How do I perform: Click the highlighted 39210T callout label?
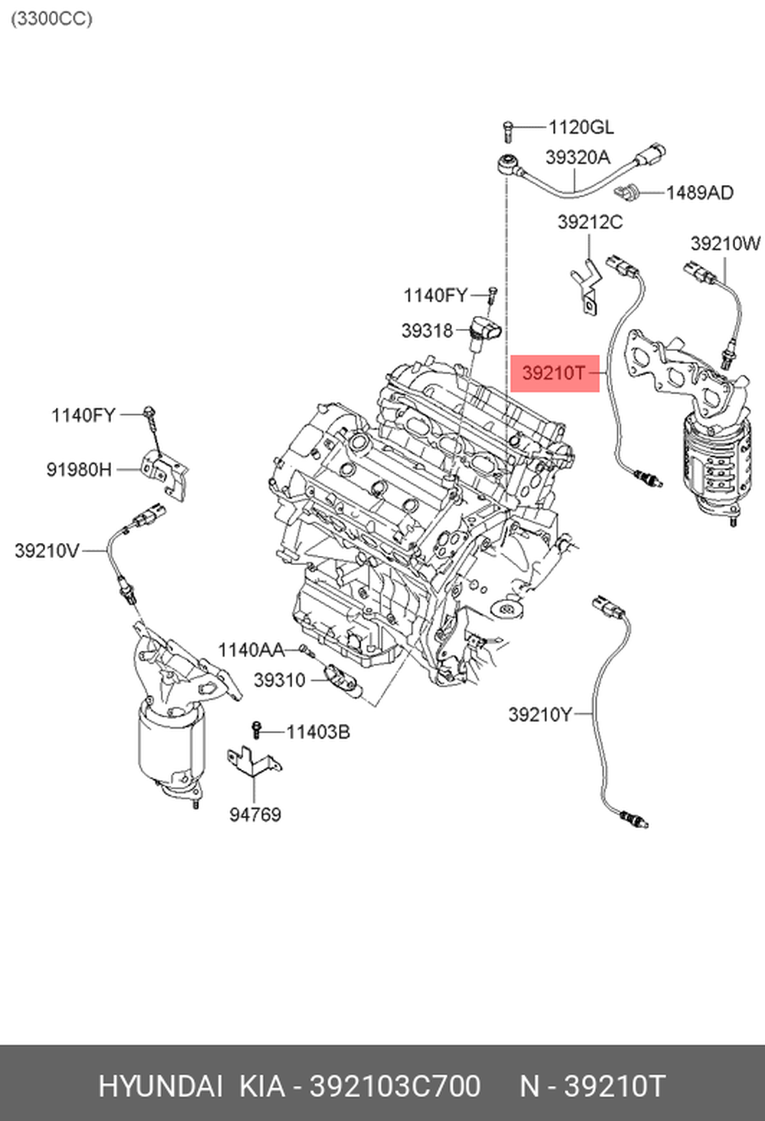point(554,373)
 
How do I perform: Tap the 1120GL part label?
point(581,128)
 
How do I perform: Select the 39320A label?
point(578,158)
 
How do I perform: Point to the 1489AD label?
point(700,193)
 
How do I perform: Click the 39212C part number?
point(591,222)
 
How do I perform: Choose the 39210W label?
point(725,244)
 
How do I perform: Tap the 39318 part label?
point(427,331)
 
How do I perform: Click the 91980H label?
point(79,470)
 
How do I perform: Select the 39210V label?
point(47,551)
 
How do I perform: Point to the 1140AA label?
point(252,650)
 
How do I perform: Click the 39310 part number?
point(279,680)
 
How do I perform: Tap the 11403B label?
point(318,732)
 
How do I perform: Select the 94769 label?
point(256,814)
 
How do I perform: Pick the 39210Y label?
point(539,715)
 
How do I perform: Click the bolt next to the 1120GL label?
point(508,130)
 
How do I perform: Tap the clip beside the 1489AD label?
point(628,192)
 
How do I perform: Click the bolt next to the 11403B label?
point(256,730)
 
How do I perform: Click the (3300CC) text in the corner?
point(51,19)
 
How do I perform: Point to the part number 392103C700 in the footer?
point(395,1087)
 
